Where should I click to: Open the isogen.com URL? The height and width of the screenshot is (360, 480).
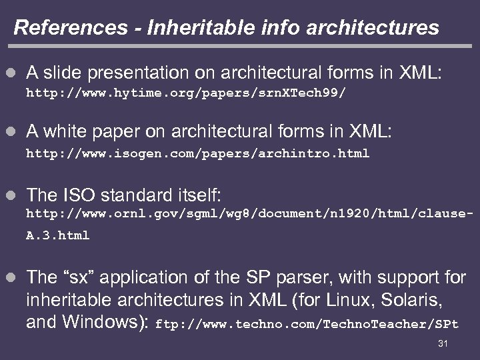(197, 153)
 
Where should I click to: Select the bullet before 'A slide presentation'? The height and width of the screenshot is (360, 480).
(10, 71)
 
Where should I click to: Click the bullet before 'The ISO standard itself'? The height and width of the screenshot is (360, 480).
(10, 195)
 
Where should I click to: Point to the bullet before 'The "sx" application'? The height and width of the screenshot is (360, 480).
(10, 278)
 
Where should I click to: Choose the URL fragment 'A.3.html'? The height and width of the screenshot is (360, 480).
(57, 235)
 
